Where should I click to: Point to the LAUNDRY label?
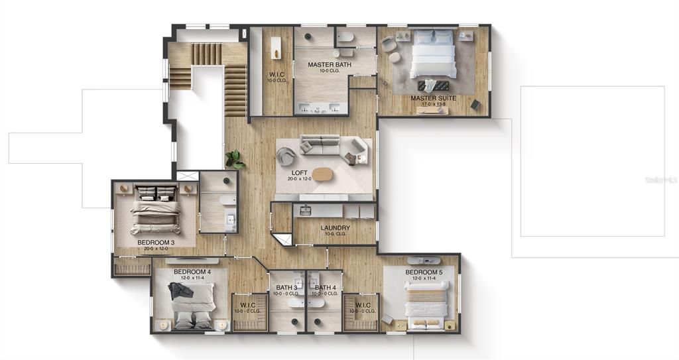(335, 228)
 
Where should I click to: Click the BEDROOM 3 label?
(156, 243)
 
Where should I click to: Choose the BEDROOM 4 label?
(192, 272)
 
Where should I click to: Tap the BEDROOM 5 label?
(424, 272)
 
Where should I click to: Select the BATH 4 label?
(326, 287)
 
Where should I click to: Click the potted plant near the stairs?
(233, 159)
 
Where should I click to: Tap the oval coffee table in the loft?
(324, 174)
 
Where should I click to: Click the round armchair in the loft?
(286, 156)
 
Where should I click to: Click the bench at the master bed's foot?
(432, 86)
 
